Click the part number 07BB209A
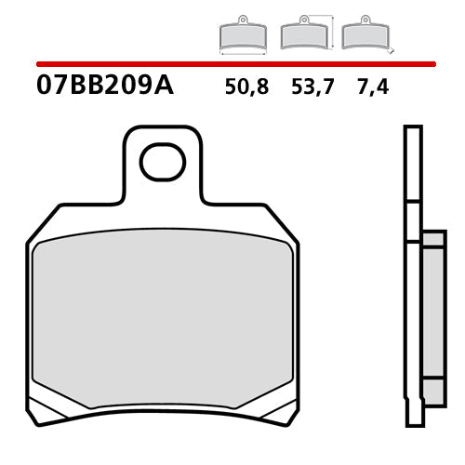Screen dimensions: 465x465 click(104, 88)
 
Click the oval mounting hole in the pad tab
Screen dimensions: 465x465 click(163, 163)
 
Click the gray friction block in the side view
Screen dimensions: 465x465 click(432, 312)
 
